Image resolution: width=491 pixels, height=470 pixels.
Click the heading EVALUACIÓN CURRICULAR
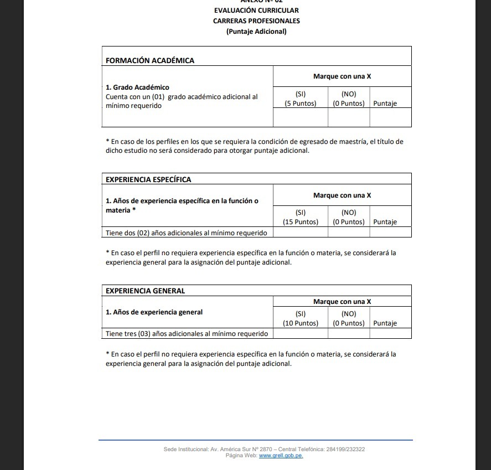[256, 11]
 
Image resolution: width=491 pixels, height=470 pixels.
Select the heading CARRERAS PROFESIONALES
[256, 21]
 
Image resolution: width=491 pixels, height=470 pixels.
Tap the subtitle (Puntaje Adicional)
[256, 32]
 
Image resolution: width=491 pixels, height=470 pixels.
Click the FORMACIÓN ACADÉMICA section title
[150, 60]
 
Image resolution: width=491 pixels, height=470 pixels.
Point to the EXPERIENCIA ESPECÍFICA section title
[148, 179]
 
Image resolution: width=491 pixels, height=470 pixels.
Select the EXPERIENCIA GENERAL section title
[146, 291]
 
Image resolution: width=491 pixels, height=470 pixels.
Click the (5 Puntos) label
[301, 104]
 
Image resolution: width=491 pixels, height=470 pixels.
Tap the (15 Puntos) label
[301, 222]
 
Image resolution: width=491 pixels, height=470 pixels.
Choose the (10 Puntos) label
[301, 323]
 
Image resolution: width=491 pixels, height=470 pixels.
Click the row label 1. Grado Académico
[137, 87]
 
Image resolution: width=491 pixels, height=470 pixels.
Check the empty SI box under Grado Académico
[301, 117]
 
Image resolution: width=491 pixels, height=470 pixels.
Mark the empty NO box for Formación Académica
[349, 117]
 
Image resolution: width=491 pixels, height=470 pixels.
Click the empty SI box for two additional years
[301, 233]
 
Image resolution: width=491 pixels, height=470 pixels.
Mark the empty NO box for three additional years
[349, 334]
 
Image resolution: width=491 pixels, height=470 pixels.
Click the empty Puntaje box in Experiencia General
[391, 334]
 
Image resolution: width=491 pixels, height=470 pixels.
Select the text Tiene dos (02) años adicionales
[186, 233]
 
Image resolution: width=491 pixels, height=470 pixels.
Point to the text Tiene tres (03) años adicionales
[187, 334]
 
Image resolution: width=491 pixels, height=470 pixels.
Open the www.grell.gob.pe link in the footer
[281, 456]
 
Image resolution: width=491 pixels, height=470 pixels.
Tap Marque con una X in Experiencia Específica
[342, 195]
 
